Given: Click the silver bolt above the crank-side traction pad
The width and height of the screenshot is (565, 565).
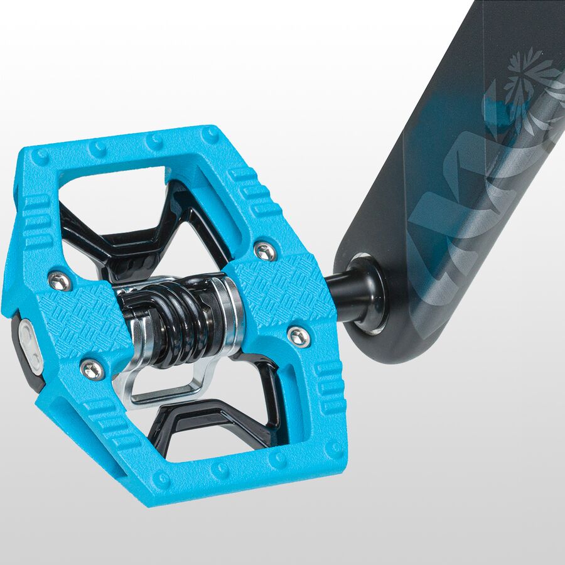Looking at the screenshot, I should point(266,252).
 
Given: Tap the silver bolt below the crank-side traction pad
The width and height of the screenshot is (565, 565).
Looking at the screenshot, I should point(299,336).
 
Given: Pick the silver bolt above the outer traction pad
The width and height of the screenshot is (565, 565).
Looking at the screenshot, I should point(60,282).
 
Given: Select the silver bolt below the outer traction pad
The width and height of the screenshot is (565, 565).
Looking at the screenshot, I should point(92,369).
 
